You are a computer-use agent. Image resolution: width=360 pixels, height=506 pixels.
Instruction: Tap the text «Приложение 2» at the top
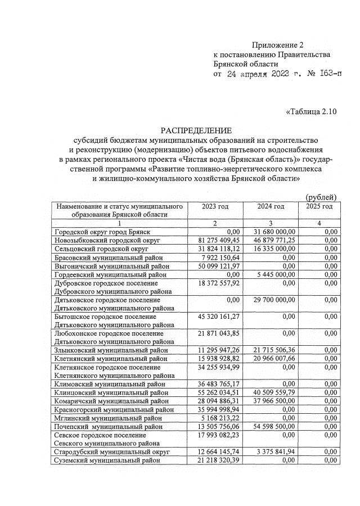[x=277, y=45]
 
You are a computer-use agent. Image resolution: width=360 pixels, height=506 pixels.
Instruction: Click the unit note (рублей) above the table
[x=321, y=197]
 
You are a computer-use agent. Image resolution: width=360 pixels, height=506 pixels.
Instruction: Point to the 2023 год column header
[x=215, y=206]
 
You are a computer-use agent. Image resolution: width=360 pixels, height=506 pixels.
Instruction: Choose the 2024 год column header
[x=271, y=206]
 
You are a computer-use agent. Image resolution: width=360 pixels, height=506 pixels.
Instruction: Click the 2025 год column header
[x=319, y=206]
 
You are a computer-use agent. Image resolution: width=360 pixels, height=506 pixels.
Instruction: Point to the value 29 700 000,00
[x=274, y=300]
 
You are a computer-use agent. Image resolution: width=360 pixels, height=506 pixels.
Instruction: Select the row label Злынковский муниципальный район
[x=111, y=350]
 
